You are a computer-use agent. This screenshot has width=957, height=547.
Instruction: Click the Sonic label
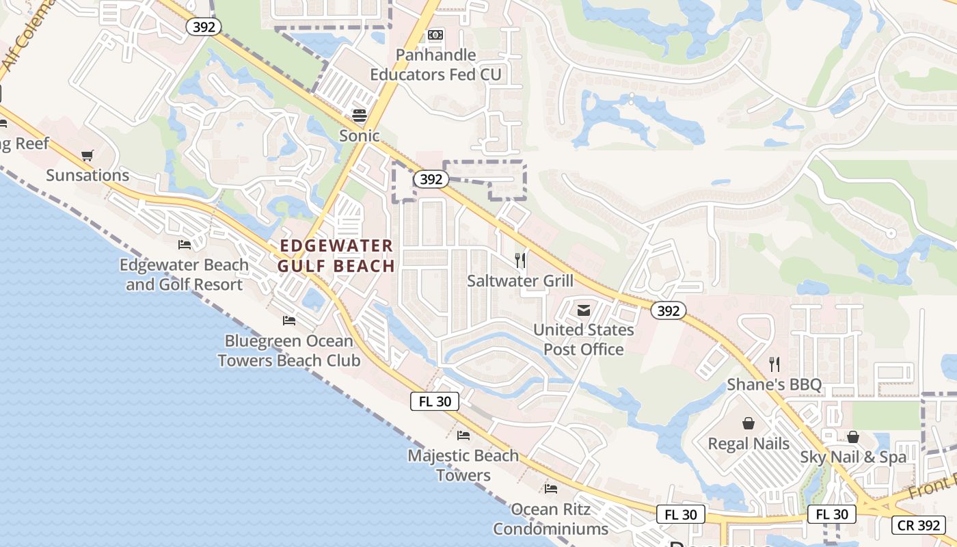(x=360, y=135)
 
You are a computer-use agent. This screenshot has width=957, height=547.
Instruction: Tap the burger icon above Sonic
(x=360, y=115)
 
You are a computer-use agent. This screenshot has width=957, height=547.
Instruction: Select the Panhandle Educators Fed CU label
(x=436, y=64)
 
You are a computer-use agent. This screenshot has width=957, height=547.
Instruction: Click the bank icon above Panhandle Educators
(x=435, y=35)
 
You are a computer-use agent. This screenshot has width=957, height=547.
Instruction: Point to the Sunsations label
(x=87, y=175)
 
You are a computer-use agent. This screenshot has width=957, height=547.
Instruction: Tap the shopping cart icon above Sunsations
(x=87, y=155)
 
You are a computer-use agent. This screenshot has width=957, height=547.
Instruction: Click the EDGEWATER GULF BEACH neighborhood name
(x=337, y=256)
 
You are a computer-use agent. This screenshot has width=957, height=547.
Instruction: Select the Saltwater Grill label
(x=520, y=280)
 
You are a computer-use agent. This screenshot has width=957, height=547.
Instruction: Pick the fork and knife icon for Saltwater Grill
(x=520, y=260)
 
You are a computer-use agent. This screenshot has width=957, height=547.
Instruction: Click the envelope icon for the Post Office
(x=583, y=310)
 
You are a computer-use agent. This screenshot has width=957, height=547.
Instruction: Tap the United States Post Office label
(x=584, y=339)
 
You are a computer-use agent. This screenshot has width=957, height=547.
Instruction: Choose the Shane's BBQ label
(x=774, y=384)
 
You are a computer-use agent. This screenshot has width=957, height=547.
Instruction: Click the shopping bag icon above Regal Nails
(x=749, y=423)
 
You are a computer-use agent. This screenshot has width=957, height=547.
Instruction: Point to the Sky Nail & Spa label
(x=853, y=457)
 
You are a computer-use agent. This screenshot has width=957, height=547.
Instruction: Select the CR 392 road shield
(x=918, y=525)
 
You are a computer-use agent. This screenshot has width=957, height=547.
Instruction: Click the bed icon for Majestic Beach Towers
(x=463, y=435)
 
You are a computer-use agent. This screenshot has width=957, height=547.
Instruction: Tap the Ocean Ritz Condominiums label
(x=551, y=519)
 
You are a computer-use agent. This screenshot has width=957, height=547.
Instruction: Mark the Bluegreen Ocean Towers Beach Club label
(x=289, y=350)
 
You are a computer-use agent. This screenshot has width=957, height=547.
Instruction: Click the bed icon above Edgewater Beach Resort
(x=185, y=244)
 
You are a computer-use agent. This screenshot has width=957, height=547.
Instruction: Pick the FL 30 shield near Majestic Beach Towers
(x=435, y=401)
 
